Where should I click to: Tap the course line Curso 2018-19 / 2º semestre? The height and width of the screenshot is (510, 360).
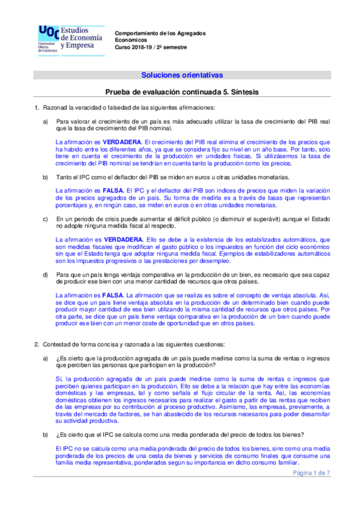click(x=151, y=47)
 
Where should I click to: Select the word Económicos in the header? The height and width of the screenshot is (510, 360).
click(x=132, y=40)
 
